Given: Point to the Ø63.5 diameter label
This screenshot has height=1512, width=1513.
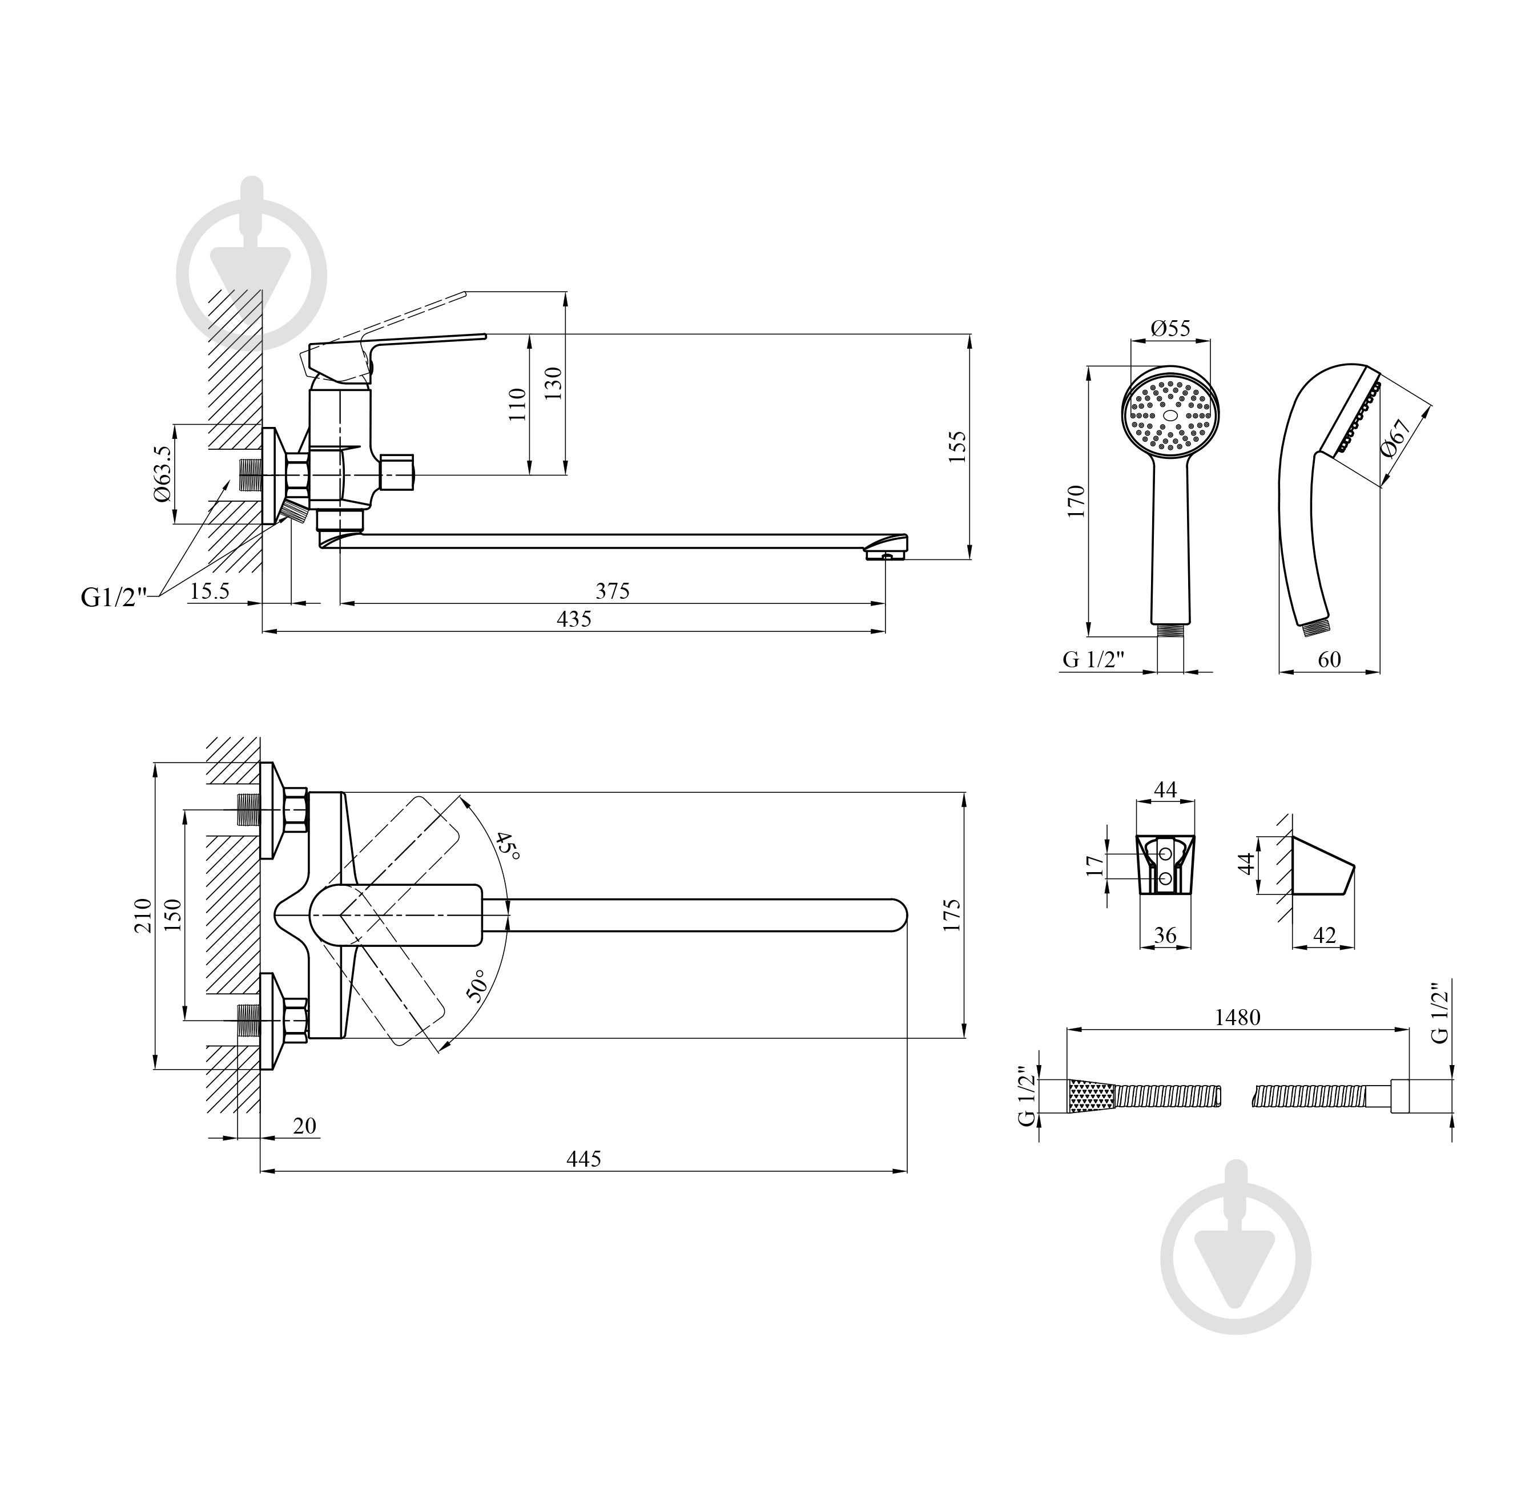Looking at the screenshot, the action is [x=162, y=474].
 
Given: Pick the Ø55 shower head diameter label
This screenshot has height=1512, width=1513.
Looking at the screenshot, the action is [x=1171, y=328].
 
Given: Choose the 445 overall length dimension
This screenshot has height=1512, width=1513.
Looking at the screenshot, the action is [x=584, y=1158].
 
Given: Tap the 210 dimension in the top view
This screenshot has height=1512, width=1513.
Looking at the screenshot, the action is [x=143, y=914].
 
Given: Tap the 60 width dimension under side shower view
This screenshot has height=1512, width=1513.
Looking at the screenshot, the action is [x=1329, y=659].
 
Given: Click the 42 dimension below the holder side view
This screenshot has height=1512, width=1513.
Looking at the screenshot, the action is [x=1323, y=935].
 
